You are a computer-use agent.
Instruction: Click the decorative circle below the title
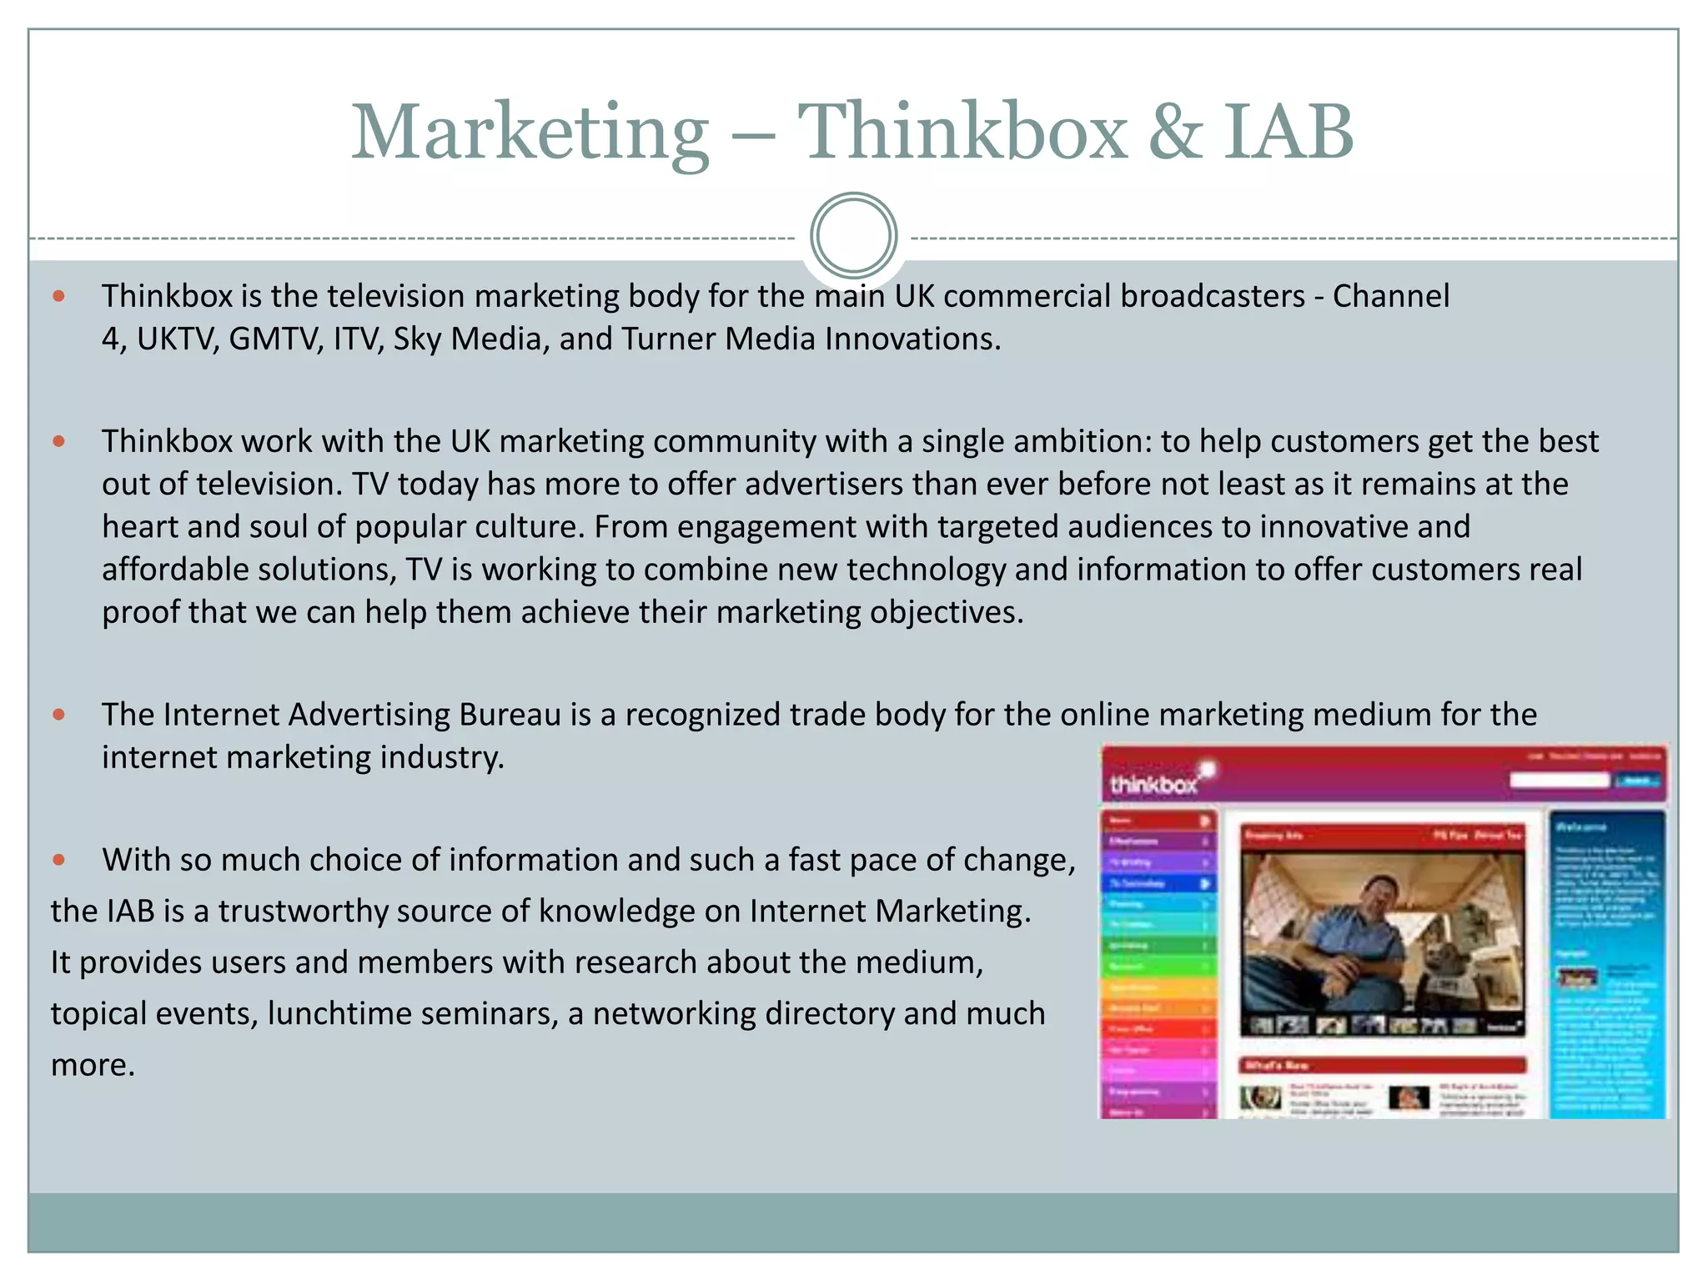853,236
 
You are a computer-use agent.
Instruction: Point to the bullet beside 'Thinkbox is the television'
58,296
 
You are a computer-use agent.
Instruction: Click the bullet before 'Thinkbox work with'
58,441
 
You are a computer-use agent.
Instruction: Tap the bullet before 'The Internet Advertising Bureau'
58,715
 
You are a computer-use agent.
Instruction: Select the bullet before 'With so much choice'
58,860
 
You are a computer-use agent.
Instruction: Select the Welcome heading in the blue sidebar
1581,827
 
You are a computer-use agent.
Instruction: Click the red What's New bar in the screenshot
1383,1065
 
